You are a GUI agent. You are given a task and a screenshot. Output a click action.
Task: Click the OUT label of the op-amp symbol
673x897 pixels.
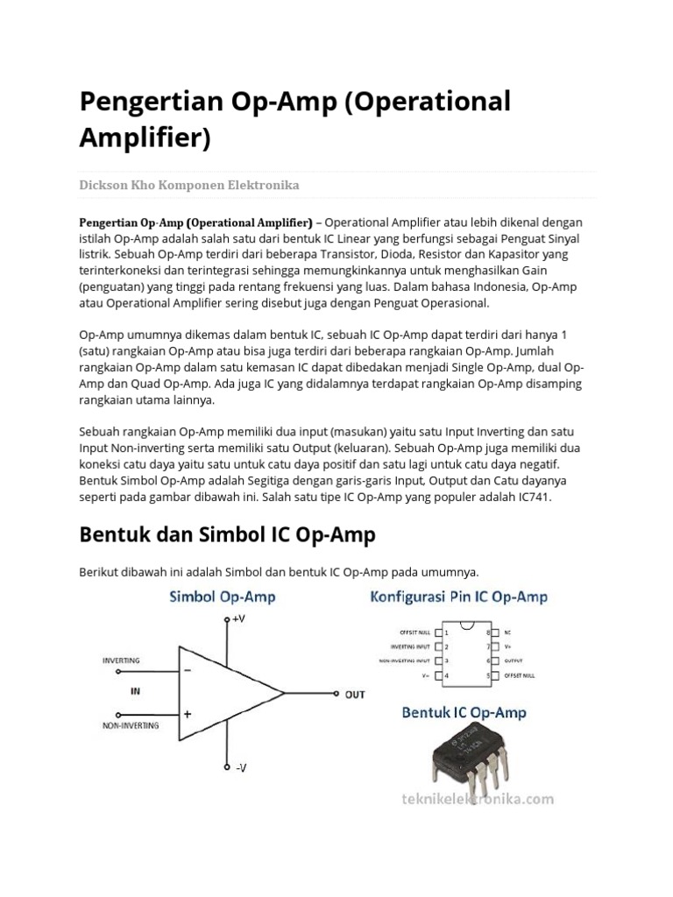pyautogui.click(x=355, y=695)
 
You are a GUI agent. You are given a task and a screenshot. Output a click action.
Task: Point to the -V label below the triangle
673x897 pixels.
pyautogui.click(x=241, y=767)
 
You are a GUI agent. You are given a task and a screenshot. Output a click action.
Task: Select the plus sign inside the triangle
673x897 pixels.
pyautogui.click(x=188, y=714)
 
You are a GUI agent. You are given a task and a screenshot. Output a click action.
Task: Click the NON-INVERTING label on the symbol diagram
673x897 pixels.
pyautogui.click(x=131, y=726)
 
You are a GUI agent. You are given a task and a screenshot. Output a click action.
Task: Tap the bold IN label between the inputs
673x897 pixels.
pyautogui.click(x=135, y=691)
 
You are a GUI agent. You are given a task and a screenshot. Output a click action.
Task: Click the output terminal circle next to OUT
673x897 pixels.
pyautogui.click(x=337, y=694)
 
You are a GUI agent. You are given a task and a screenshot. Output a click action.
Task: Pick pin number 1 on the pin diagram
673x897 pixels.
pyautogui.click(x=447, y=632)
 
